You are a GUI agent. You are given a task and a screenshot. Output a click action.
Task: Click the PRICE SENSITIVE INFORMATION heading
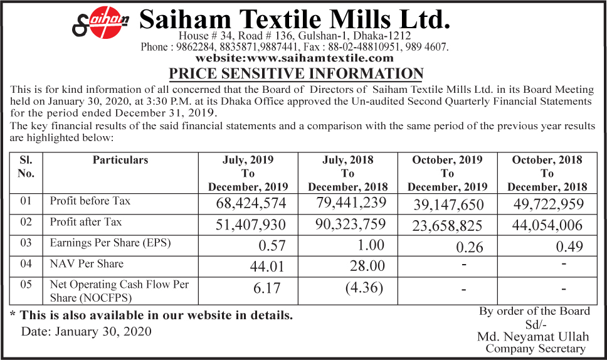coord(297,73)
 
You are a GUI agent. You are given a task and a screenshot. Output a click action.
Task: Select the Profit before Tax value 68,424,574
coord(251,204)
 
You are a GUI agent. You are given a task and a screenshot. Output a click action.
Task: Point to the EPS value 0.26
coord(470,247)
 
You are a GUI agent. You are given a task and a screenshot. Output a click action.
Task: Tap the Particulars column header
coord(120,160)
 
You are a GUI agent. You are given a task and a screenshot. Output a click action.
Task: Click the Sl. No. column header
coord(26,167)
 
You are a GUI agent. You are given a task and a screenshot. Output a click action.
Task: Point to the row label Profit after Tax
coord(86,222)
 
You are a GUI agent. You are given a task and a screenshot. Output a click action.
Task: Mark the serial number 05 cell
coord(26,285)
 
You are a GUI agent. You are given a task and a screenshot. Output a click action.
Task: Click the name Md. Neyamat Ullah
coord(534,336)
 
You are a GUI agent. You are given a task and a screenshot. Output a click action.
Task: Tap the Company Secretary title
coord(535,349)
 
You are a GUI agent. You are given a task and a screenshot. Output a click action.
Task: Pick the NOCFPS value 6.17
coord(267,289)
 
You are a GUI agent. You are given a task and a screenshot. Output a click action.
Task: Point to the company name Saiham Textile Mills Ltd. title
coord(295,19)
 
